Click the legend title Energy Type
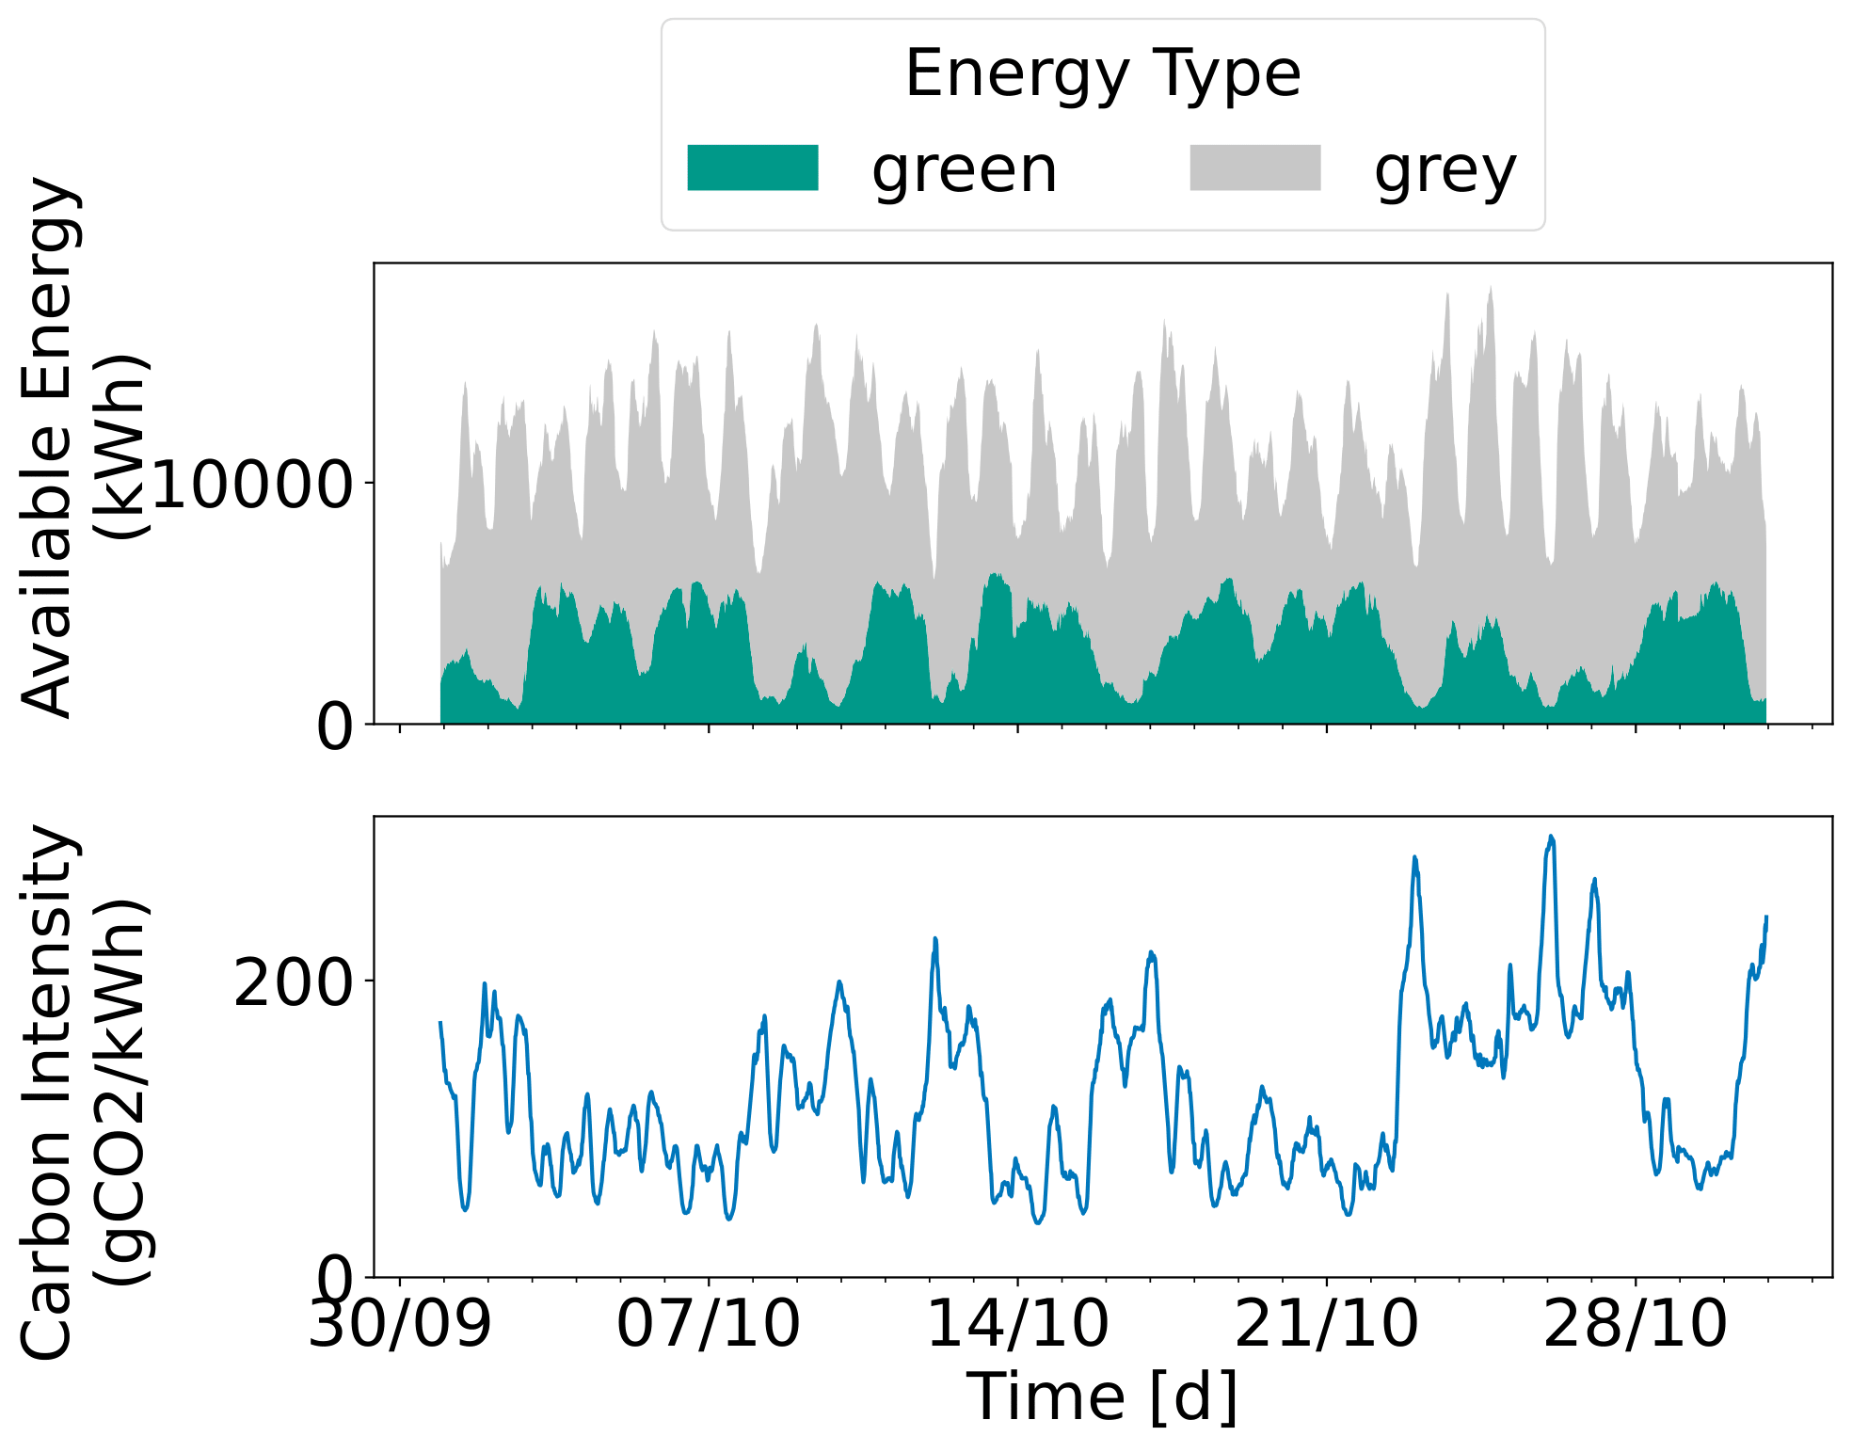tap(1102, 73)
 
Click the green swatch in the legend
tap(752, 168)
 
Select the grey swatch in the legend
tap(1254, 168)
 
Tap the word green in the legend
tap(965, 170)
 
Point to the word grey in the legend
tap(1445, 172)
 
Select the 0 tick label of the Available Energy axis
tap(334, 726)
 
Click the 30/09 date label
tap(400, 1324)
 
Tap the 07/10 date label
tap(708, 1324)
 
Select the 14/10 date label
tap(1017, 1324)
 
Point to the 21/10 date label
tap(1326, 1324)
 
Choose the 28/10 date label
tap(1635, 1324)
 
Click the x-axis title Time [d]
tap(1102, 1396)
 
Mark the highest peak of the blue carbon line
tap(1551, 836)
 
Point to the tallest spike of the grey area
tap(1491, 288)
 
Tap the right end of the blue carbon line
tap(1766, 917)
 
